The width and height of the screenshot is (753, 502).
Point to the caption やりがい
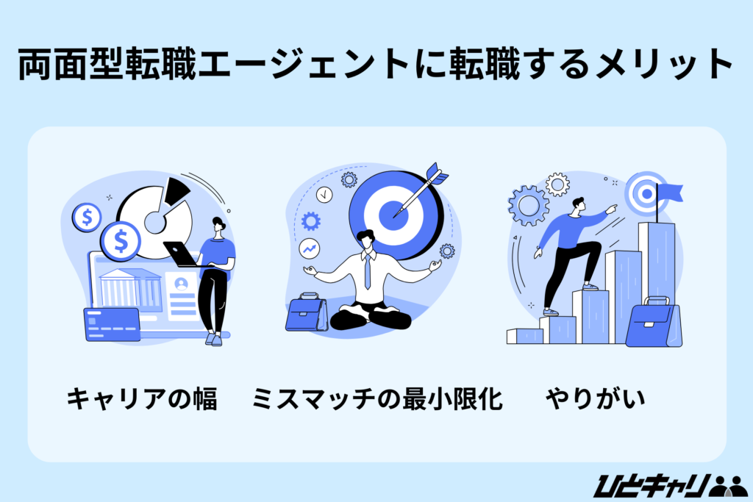(x=596, y=400)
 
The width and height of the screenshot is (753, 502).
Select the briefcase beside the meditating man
(x=307, y=312)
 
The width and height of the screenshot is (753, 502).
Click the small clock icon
(x=324, y=195)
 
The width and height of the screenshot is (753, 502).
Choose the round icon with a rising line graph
(x=308, y=250)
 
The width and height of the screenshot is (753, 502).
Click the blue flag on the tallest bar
(x=670, y=193)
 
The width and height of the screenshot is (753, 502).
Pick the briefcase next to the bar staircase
(x=653, y=323)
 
